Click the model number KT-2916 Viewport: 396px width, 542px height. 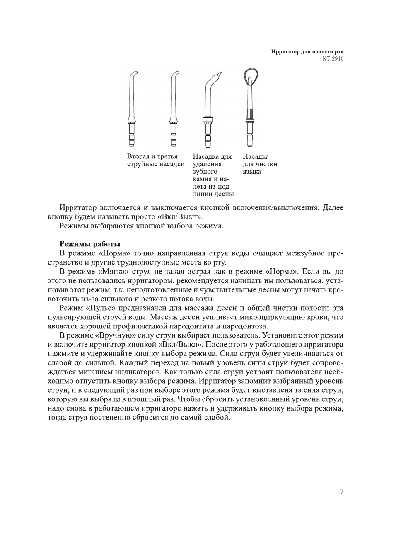333,58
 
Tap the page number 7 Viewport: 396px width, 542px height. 341,492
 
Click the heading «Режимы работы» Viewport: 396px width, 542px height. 90,244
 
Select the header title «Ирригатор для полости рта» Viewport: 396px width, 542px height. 307,52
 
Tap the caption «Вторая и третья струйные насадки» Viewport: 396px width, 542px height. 156,160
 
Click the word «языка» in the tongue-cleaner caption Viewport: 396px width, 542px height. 252,172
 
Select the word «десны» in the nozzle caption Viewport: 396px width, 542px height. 224,194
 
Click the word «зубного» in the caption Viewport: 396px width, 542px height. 205,172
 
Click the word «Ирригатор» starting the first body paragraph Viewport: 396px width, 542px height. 78,208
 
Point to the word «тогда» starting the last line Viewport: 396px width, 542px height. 57,418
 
